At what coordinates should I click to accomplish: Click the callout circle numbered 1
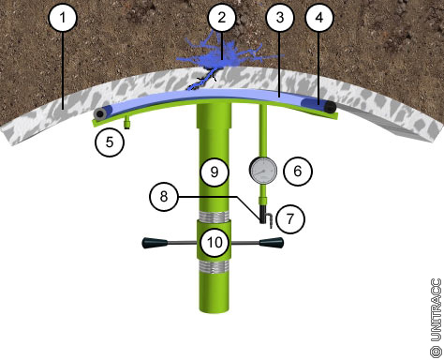click(x=63, y=18)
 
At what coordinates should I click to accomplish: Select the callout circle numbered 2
click(x=222, y=18)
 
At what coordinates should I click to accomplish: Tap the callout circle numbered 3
click(x=280, y=18)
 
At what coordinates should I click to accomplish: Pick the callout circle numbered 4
click(x=319, y=18)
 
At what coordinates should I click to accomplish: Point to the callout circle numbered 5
click(x=110, y=142)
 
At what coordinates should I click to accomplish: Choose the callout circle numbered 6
click(x=298, y=171)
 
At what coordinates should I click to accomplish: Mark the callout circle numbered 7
click(x=290, y=218)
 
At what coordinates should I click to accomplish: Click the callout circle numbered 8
click(x=164, y=197)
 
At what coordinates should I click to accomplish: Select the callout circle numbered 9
click(x=215, y=172)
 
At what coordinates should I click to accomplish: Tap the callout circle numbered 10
click(x=215, y=242)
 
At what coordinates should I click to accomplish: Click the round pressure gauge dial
click(x=263, y=171)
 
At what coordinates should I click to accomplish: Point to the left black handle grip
click(x=155, y=243)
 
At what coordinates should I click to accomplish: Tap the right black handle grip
click(x=272, y=243)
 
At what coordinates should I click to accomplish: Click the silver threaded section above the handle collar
click(x=215, y=217)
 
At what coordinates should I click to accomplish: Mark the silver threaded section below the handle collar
click(x=215, y=267)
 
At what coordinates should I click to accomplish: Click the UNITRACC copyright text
click(x=437, y=318)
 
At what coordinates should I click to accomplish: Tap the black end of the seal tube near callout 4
click(x=330, y=108)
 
